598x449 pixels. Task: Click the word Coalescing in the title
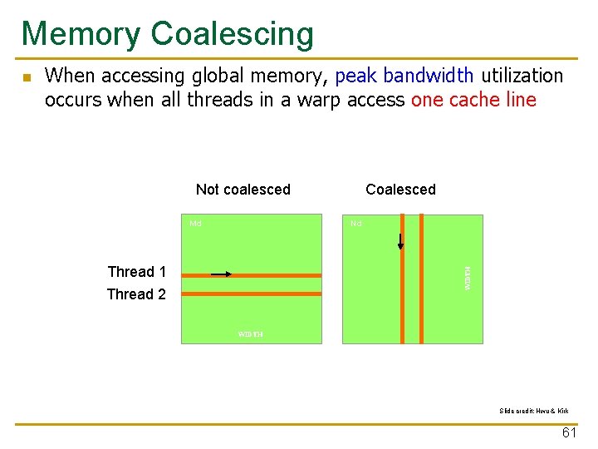[x=233, y=34]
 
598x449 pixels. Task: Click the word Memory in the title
[x=81, y=34]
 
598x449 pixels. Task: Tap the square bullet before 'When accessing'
[x=26, y=78]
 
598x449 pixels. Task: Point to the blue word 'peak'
[x=355, y=76]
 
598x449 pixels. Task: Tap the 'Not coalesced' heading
[x=243, y=190]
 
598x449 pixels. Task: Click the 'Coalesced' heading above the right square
[x=400, y=190]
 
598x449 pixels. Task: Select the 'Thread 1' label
[x=136, y=272]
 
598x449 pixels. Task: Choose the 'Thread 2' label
[x=136, y=294]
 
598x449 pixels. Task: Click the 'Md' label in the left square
[x=195, y=223]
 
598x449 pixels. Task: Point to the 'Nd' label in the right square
[x=355, y=223]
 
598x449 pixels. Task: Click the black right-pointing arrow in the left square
[x=222, y=273]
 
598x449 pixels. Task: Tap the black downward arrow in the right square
[x=400, y=242]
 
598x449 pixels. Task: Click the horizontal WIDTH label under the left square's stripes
[x=250, y=334]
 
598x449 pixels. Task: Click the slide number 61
[x=569, y=433]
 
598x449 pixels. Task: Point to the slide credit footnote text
[x=534, y=411]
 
